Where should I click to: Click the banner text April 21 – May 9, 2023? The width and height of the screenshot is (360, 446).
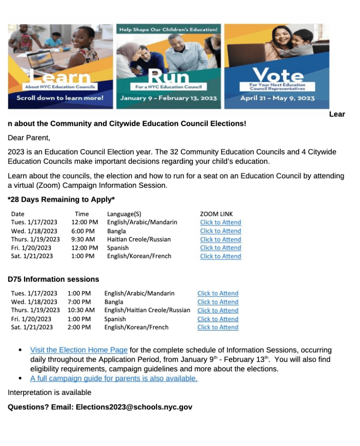pos(277,98)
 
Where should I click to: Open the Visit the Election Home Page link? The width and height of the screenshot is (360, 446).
pos(78,350)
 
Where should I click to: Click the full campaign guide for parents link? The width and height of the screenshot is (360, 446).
pos(114,378)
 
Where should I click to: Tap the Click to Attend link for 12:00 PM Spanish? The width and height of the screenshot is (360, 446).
pos(220,248)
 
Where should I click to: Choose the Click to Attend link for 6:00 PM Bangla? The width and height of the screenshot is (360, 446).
pos(220,231)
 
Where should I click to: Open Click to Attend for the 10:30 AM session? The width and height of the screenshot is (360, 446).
pos(217,310)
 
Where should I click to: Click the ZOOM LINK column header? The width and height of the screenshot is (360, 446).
pos(216,214)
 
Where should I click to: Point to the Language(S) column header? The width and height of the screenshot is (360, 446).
pos(124,214)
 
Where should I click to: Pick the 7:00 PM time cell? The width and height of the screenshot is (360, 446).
pos(79,302)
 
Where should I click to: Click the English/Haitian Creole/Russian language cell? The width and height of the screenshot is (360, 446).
pos(147,310)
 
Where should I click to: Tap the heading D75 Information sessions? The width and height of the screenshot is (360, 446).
pos(53,279)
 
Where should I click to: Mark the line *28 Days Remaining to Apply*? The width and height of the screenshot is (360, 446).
pos(61,200)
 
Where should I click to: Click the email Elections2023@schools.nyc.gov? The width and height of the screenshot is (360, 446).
pos(134,407)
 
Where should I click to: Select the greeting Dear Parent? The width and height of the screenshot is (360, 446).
pos(29,138)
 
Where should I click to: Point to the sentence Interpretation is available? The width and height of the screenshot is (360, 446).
pos(49,392)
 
